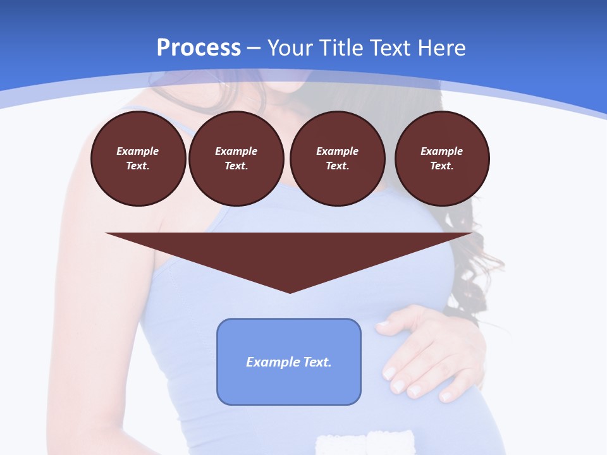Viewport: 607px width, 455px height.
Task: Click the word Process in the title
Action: click(199, 48)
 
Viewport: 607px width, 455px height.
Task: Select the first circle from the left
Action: click(138, 159)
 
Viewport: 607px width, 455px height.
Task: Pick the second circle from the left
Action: click(236, 159)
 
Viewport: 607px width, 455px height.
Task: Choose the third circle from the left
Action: click(337, 159)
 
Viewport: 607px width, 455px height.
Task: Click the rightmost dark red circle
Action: click(442, 159)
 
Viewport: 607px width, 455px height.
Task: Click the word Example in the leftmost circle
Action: click(138, 151)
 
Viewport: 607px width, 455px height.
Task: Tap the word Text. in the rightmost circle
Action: click(442, 166)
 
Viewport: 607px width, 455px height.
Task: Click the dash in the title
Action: click(254, 48)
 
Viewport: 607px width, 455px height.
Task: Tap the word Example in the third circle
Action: click(337, 151)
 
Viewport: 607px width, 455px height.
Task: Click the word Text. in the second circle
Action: click(236, 166)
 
